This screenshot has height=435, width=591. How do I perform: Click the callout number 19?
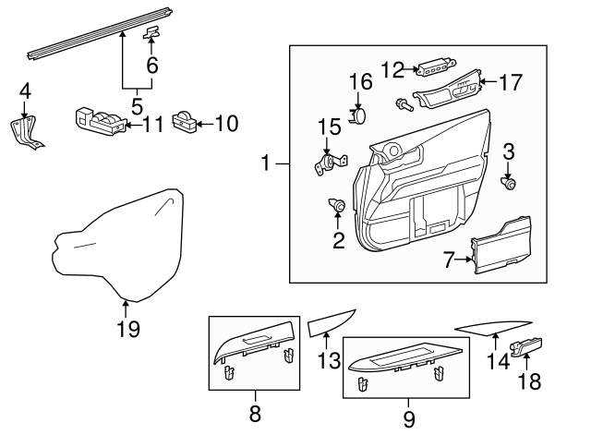[128, 329]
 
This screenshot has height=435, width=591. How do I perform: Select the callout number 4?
[25, 91]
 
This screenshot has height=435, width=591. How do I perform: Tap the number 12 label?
[393, 69]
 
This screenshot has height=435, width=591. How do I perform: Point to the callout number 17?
[511, 82]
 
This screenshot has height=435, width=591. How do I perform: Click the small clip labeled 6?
[151, 33]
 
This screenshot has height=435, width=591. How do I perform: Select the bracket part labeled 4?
[25, 133]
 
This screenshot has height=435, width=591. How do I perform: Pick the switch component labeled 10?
[185, 122]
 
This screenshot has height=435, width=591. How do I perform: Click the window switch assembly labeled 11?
[101, 121]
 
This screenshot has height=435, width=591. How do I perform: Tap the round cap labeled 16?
[358, 115]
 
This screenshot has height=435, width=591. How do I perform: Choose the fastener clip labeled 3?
[509, 184]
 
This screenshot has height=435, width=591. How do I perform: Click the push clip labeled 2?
[337, 205]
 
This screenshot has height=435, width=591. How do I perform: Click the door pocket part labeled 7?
[501, 246]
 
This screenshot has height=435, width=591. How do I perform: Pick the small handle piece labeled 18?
[526, 346]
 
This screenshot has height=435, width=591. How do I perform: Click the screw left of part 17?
[404, 104]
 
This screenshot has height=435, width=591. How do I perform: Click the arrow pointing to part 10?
[205, 123]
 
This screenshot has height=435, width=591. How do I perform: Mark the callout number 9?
[409, 419]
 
